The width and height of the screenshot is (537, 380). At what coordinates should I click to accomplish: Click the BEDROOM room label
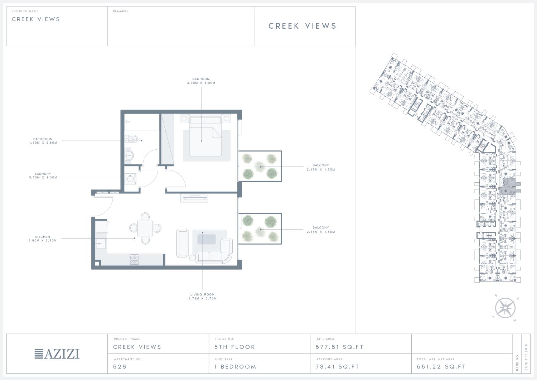pos(201,79)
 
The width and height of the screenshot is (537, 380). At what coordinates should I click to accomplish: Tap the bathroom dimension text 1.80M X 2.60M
pos(43,143)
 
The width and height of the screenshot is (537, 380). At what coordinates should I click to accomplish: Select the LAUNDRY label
pos(43,174)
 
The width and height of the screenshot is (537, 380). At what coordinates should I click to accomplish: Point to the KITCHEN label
pos(43,237)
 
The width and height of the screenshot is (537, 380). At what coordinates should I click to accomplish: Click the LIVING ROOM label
pos(203,294)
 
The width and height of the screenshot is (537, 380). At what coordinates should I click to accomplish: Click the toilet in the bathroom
pos(131,138)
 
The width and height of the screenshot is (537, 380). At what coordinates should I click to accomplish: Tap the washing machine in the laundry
pos(130,179)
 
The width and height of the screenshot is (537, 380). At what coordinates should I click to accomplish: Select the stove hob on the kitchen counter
pos(134,260)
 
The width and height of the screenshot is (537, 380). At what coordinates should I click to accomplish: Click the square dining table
pos(145,229)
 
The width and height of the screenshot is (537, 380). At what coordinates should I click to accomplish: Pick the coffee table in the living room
pos(207,239)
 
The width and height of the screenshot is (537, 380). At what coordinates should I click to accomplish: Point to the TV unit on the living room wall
pos(194,198)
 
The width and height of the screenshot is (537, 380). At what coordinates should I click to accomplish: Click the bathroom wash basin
pos(129,155)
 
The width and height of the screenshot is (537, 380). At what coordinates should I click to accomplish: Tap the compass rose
pos(505,308)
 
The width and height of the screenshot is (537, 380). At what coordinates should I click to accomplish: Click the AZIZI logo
pos(57,354)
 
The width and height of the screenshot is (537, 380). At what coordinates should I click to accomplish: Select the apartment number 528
pos(120,367)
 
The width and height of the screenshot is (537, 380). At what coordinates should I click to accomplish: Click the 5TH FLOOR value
pos(235,347)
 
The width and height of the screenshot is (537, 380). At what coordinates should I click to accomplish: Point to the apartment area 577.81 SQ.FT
pos(339,347)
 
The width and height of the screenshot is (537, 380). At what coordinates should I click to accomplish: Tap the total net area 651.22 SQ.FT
pos(441,367)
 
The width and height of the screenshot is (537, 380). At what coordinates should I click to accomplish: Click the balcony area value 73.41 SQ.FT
pos(337,367)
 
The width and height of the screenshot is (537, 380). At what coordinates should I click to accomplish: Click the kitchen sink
pos(101,244)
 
